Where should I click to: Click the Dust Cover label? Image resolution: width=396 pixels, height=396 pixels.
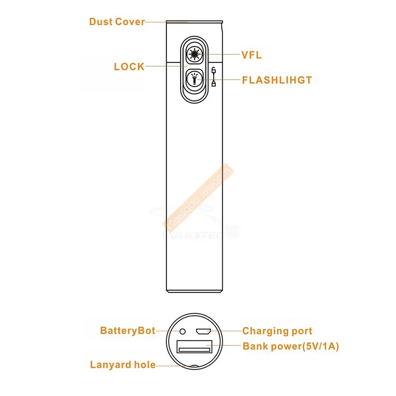(117, 22)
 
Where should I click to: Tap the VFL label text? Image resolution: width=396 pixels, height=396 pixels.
(251, 55)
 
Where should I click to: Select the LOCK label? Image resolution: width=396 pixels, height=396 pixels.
(129, 67)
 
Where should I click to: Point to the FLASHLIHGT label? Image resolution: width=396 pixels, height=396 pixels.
(277, 80)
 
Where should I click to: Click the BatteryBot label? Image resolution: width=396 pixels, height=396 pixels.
(128, 331)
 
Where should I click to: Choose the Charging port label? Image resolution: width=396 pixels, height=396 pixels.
(277, 331)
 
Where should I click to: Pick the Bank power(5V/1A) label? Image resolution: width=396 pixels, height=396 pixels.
(291, 346)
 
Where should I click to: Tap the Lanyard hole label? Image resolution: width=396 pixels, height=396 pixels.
(123, 365)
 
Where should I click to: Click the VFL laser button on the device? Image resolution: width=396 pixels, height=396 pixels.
(195, 54)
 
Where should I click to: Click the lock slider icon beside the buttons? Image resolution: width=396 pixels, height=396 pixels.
(213, 77)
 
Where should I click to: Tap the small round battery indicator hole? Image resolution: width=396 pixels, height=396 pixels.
(182, 331)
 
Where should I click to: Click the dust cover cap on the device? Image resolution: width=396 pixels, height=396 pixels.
(194, 22)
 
